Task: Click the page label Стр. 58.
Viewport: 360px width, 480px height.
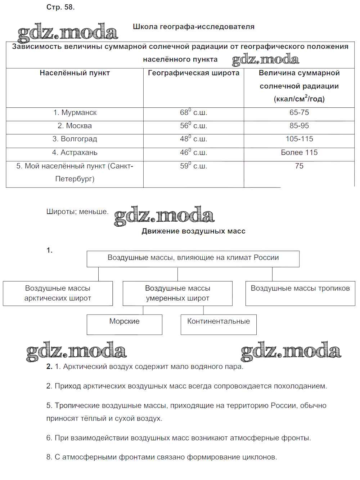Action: pos(60,7)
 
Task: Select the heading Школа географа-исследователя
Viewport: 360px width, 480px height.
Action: pos(193,27)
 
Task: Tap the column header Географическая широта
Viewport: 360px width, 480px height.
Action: pos(193,73)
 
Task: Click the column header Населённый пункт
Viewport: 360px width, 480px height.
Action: pos(75,73)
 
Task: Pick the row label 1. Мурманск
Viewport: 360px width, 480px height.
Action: pos(75,113)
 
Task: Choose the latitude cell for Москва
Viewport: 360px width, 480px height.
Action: pos(193,126)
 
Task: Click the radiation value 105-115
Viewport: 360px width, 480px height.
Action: pos(299,139)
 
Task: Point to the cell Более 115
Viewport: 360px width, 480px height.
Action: pos(299,153)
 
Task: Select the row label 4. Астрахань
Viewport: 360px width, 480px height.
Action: pos(75,153)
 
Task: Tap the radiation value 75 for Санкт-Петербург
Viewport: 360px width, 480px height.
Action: pos(299,166)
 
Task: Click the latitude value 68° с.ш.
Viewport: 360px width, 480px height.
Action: pos(193,113)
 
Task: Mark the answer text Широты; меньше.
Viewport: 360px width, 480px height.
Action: pos(77,212)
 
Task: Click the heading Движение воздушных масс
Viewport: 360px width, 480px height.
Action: pos(193,231)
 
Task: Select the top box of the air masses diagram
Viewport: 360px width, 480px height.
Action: pos(193,258)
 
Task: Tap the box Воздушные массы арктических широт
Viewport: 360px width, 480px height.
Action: pos(58,293)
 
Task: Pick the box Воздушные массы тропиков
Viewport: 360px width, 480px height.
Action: pos(300,293)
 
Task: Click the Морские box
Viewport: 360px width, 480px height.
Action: pos(125,324)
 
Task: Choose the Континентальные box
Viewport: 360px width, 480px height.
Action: pos(219,324)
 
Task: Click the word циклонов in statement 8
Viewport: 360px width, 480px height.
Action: pos(260,457)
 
